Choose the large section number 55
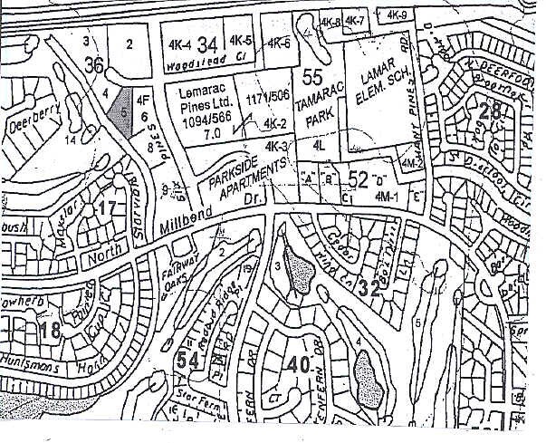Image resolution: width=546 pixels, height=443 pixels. pos(313,76)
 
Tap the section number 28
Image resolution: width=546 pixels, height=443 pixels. pos(490,111)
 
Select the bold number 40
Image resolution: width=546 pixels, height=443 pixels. pos(300,366)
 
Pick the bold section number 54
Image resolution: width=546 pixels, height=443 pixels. pos(187,360)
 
